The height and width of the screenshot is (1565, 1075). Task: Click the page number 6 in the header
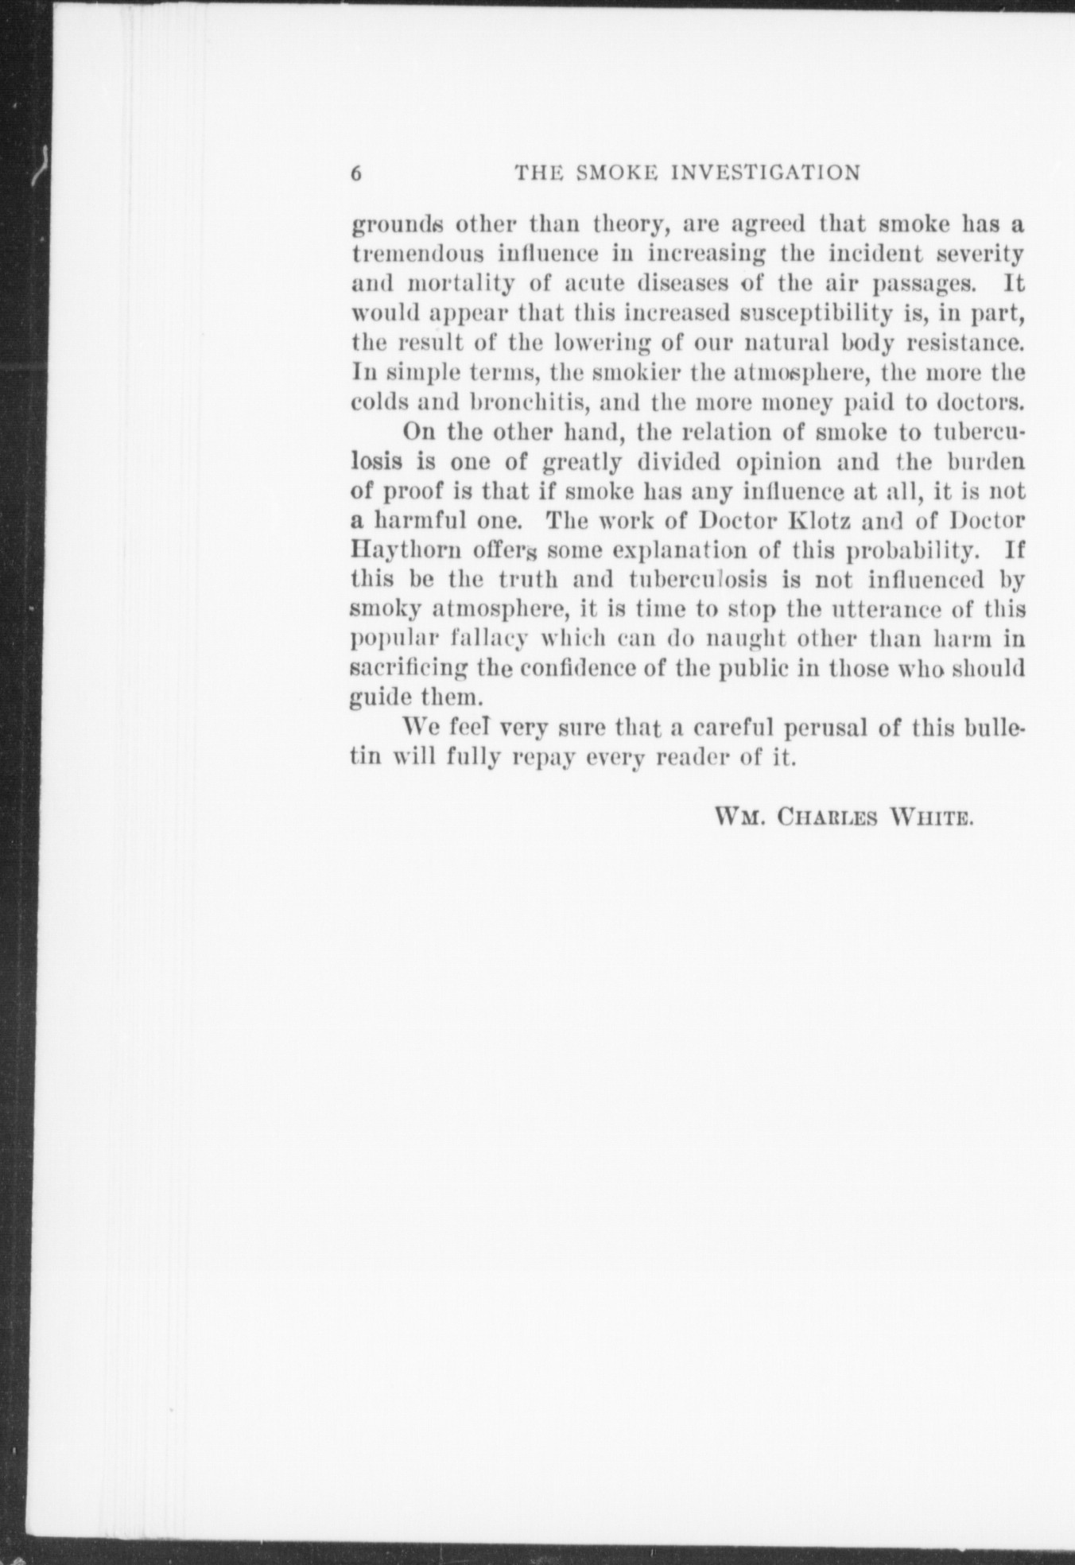point(357,173)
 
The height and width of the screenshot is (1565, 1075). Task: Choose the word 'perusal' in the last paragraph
point(827,728)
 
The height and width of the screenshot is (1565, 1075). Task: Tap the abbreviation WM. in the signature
point(739,817)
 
